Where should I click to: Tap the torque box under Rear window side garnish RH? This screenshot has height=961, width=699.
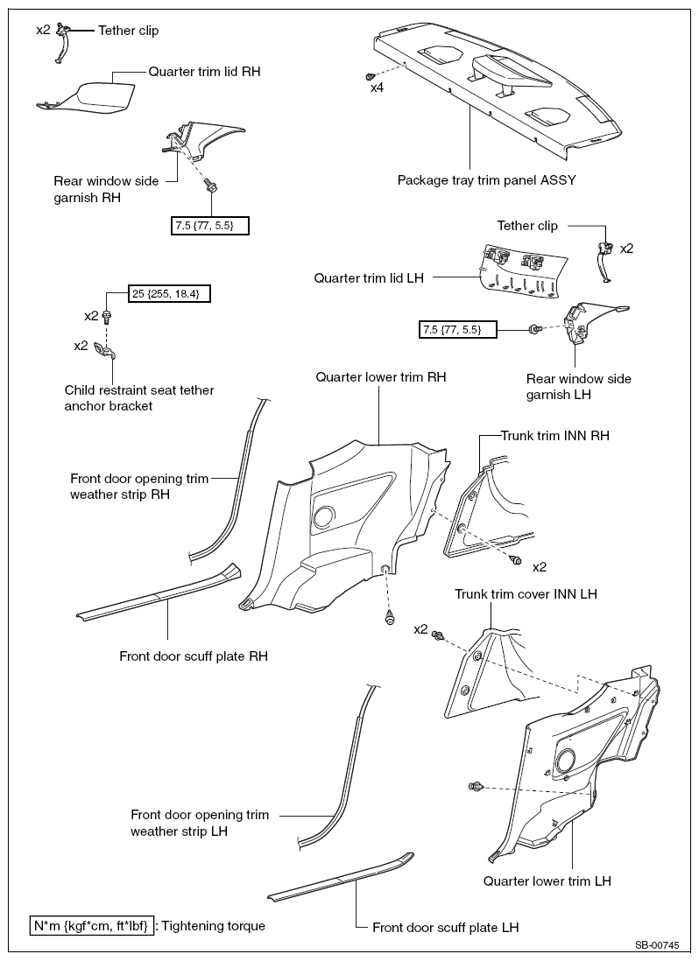tap(210, 226)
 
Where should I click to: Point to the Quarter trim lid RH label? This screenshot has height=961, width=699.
tap(204, 71)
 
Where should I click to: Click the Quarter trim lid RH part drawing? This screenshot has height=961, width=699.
tap(88, 96)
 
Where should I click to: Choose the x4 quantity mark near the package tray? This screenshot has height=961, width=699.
tap(377, 88)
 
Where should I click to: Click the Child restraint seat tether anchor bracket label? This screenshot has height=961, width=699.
tap(139, 398)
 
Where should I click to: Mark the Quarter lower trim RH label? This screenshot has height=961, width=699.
tap(381, 377)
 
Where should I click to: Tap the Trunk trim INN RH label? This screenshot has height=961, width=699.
tap(554, 435)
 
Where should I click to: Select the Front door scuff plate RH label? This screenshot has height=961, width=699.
tap(194, 656)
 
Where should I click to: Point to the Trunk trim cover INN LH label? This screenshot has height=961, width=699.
tap(526, 593)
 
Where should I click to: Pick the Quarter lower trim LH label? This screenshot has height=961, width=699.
tap(547, 880)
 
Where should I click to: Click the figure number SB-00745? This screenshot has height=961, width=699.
tap(657, 945)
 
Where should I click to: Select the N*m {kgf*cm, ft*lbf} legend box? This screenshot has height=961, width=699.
tap(93, 925)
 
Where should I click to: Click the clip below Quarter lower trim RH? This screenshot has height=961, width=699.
tap(388, 618)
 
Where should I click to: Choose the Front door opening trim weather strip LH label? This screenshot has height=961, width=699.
tap(200, 823)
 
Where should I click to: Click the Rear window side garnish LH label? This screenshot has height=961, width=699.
tap(579, 387)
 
